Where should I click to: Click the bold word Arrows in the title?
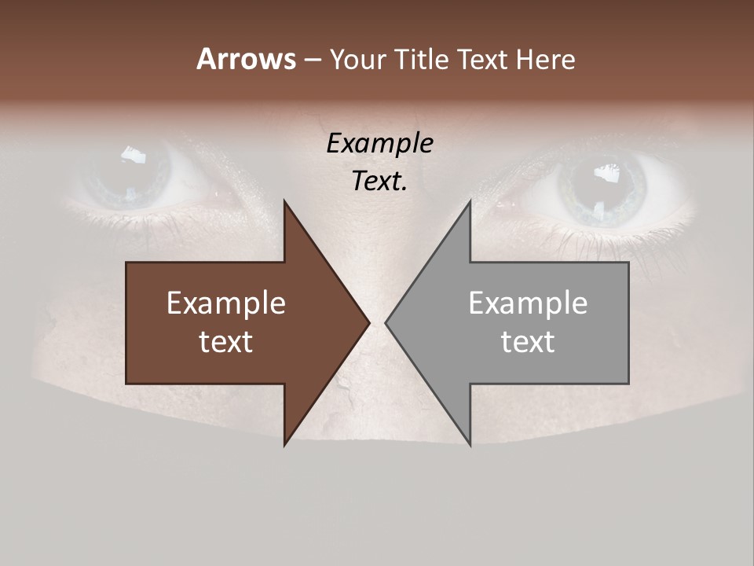pos(246,59)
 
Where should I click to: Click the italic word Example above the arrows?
pos(379,144)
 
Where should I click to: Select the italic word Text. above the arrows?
pos(379,181)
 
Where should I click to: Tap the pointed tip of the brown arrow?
pos(367,322)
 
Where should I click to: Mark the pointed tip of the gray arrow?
pos(388,322)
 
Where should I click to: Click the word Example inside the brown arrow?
pos(225,303)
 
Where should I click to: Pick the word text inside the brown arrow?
pos(225,342)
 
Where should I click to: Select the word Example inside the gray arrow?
pos(528,303)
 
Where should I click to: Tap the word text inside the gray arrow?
pos(528,342)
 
